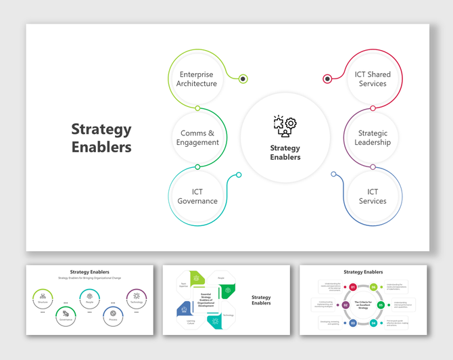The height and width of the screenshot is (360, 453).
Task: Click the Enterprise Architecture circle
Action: (x=197, y=78)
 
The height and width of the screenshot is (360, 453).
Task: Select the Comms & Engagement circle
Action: (x=197, y=137)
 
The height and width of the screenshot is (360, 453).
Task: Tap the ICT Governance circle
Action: (x=197, y=196)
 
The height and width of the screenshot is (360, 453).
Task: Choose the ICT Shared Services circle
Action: (x=373, y=78)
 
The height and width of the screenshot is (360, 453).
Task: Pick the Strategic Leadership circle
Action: (x=373, y=137)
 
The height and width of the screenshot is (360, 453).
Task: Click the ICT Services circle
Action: (x=373, y=196)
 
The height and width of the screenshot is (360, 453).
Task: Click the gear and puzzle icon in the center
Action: (x=285, y=126)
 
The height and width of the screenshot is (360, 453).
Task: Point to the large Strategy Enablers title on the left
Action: (x=101, y=137)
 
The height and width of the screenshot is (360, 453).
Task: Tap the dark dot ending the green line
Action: (x=243, y=78)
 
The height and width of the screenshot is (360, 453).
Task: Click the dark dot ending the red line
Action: (x=327, y=78)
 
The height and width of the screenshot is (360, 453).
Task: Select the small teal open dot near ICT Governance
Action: (x=239, y=175)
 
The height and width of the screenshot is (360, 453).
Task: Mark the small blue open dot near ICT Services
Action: (x=333, y=175)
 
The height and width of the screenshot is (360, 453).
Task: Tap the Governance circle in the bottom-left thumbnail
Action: (x=66, y=315)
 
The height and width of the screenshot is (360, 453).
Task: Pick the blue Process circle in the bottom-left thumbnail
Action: (x=113, y=315)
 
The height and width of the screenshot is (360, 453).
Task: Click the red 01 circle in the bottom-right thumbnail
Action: (x=353, y=288)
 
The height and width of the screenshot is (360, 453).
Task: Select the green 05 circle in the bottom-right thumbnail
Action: (x=381, y=305)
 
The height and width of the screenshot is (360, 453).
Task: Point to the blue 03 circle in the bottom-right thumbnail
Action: (x=353, y=323)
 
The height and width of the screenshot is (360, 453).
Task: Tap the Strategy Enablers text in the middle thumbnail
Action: (x=261, y=300)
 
